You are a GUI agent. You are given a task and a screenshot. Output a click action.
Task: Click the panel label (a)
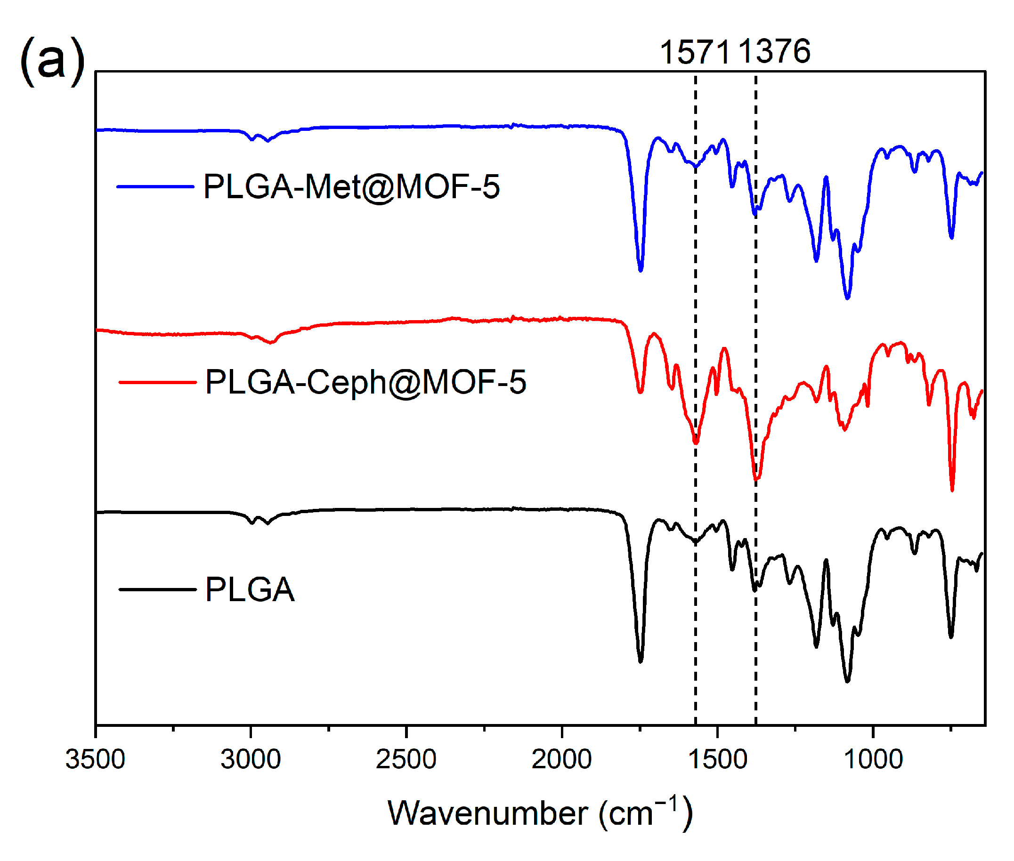[52, 61]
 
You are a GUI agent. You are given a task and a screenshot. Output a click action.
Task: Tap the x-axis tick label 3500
[95, 759]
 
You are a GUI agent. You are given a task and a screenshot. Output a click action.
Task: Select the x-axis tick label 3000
[251, 759]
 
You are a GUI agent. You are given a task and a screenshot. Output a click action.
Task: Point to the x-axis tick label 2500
[406, 759]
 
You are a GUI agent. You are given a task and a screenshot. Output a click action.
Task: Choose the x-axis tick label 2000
[561, 759]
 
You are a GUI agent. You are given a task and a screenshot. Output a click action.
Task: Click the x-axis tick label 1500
[717, 759]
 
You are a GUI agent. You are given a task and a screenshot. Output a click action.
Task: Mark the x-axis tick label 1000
[872, 759]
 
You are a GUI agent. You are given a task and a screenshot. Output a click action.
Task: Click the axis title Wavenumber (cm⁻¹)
[539, 813]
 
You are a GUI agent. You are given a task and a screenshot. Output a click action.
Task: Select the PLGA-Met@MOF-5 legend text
[351, 186]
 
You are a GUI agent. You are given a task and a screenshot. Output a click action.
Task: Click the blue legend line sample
[155, 186]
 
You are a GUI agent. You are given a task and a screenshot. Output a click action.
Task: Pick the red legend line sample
[157, 382]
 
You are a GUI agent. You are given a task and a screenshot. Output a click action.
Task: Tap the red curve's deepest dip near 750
[951, 489]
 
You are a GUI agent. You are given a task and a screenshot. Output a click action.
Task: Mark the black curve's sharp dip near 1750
[641, 661]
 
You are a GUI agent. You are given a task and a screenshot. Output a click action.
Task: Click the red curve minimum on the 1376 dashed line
[756, 479]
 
